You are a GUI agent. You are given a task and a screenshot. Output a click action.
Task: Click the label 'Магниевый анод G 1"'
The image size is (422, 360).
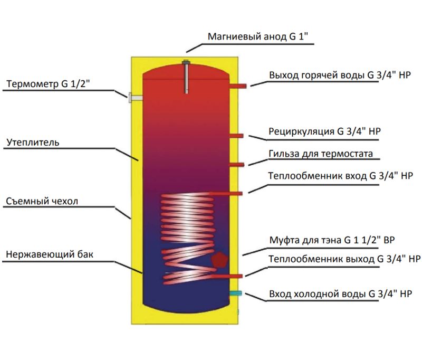[x=257, y=36]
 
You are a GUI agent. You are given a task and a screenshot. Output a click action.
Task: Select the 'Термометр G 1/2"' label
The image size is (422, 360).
[x=47, y=84]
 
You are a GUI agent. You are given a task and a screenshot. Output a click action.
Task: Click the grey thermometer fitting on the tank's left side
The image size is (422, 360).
[x=136, y=98]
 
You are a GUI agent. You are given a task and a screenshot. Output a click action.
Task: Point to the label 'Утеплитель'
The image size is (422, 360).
[x=33, y=142]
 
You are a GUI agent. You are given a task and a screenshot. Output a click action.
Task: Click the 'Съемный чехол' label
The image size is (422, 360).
[x=42, y=201]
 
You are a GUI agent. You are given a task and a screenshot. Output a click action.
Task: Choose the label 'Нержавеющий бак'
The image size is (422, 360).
[x=50, y=254]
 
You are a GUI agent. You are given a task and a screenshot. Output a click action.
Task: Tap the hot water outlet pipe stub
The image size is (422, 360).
[x=238, y=86]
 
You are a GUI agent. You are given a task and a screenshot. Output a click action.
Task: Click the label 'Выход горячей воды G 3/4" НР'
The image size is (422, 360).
[x=340, y=75]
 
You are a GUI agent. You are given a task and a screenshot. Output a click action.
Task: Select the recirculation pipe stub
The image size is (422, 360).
[x=236, y=136]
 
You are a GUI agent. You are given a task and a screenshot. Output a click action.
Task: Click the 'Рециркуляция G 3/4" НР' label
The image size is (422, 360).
[x=324, y=131]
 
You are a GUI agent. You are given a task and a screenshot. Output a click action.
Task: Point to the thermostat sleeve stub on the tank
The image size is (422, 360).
[x=237, y=165]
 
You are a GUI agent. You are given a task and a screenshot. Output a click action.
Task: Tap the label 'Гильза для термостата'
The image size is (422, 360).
[x=321, y=154]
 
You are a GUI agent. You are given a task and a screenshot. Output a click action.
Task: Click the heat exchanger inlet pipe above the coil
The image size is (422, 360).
[x=226, y=194]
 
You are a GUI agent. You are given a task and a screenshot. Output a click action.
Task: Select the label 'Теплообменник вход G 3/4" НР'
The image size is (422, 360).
[x=340, y=176]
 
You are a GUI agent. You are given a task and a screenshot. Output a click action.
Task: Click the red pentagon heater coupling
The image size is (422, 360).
[x=219, y=260]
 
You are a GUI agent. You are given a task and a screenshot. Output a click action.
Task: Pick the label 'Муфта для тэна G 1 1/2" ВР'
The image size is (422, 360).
[x=332, y=240]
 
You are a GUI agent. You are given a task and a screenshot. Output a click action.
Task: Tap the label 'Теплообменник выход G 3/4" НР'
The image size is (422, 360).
[x=344, y=259]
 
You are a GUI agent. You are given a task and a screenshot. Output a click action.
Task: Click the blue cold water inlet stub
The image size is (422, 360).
[x=236, y=293]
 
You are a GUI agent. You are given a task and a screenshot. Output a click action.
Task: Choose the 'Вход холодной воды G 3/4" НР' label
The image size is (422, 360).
[x=340, y=293]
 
